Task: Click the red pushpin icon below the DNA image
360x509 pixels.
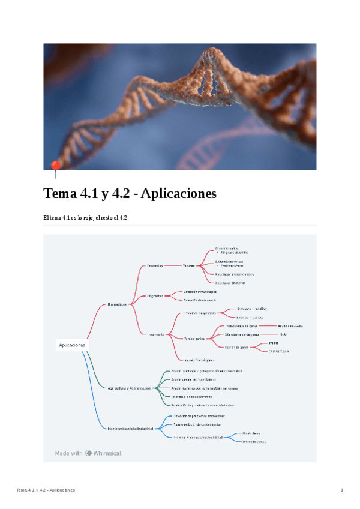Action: coord(56,166)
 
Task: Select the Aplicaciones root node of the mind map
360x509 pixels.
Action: coord(72,345)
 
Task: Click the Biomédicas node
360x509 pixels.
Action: coord(113,305)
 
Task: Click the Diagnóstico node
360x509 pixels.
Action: coord(155,295)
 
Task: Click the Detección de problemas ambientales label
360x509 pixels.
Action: coord(199,415)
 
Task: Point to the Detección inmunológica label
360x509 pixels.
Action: coord(200,292)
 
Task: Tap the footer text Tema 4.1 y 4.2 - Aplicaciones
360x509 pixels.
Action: coord(46,490)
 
